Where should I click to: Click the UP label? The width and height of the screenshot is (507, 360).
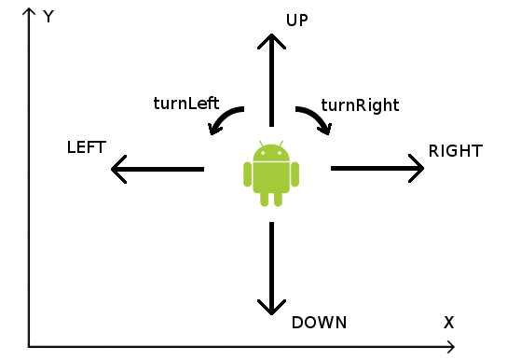pyautogui.click(x=296, y=21)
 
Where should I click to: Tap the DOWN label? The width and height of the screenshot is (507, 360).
pyautogui.click(x=319, y=323)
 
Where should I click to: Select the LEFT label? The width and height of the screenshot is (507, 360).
pyautogui.click(x=87, y=147)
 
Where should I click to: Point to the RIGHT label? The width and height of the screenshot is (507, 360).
pyautogui.click(x=456, y=151)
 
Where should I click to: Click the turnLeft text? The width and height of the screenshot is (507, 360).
pyautogui.click(x=186, y=104)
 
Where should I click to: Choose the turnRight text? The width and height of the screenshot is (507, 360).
pyautogui.click(x=360, y=105)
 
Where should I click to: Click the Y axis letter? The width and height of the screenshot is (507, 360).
pyautogui.click(x=48, y=16)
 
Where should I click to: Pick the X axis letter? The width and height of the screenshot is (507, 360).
pyautogui.click(x=449, y=323)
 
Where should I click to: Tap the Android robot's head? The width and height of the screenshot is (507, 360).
pyautogui.click(x=271, y=153)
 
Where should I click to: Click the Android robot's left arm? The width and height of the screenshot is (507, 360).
pyautogui.click(x=247, y=174)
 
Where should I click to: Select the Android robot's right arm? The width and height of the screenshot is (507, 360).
pyautogui.click(x=295, y=174)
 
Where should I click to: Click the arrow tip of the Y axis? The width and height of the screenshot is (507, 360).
pyautogui.click(x=29, y=8)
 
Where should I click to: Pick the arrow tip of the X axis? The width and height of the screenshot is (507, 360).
pyautogui.click(x=454, y=347)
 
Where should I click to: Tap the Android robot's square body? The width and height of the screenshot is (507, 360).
pyautogui.click(x=271, y=177)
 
